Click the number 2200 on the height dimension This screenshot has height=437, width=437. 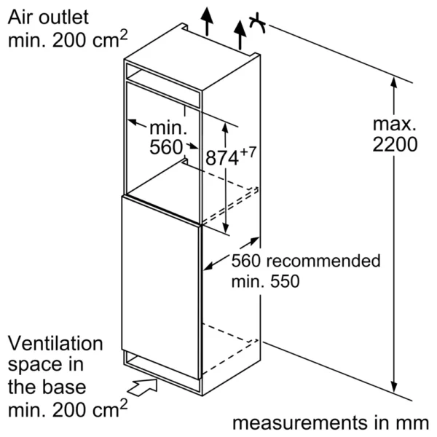tap(394, 144)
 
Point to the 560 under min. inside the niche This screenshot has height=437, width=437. tap(165, 148)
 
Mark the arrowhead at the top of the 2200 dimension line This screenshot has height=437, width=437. tap(394, 86)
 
